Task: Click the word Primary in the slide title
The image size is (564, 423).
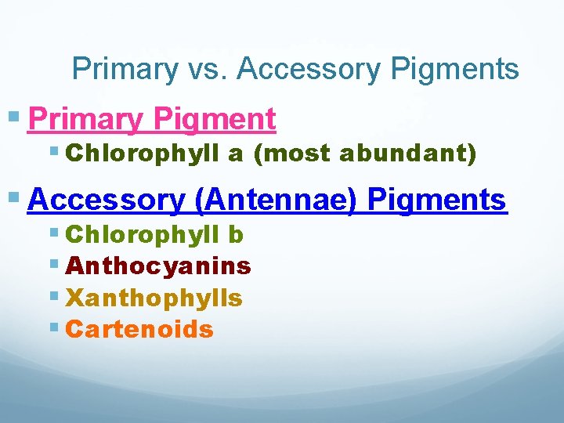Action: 124,70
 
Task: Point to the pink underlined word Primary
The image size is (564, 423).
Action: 86,120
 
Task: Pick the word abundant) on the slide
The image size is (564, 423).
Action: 407,154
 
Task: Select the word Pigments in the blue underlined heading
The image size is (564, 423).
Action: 437,200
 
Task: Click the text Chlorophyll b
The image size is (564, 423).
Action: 155,234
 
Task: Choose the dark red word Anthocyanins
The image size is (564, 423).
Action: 159,266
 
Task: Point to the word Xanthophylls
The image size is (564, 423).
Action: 154,298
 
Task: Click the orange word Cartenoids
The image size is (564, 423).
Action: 140,329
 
